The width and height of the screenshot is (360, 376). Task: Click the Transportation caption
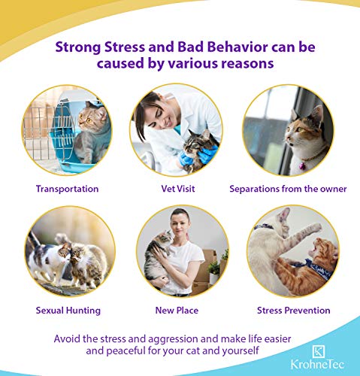tap(67, 189)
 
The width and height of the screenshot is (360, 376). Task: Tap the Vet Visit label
tap(178, 189)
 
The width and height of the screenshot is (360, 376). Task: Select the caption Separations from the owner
tap(288, 189)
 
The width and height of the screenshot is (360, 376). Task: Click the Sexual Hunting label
tap(68, 311)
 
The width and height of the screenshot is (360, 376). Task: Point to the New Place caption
tap(177, 311)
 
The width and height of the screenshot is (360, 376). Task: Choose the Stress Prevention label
tap(294, 311)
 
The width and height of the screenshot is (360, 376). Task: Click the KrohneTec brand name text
tap(317, 365)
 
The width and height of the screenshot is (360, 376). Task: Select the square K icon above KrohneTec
tap(319, 351)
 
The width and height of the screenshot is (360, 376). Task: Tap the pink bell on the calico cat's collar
tap(302, 165)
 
